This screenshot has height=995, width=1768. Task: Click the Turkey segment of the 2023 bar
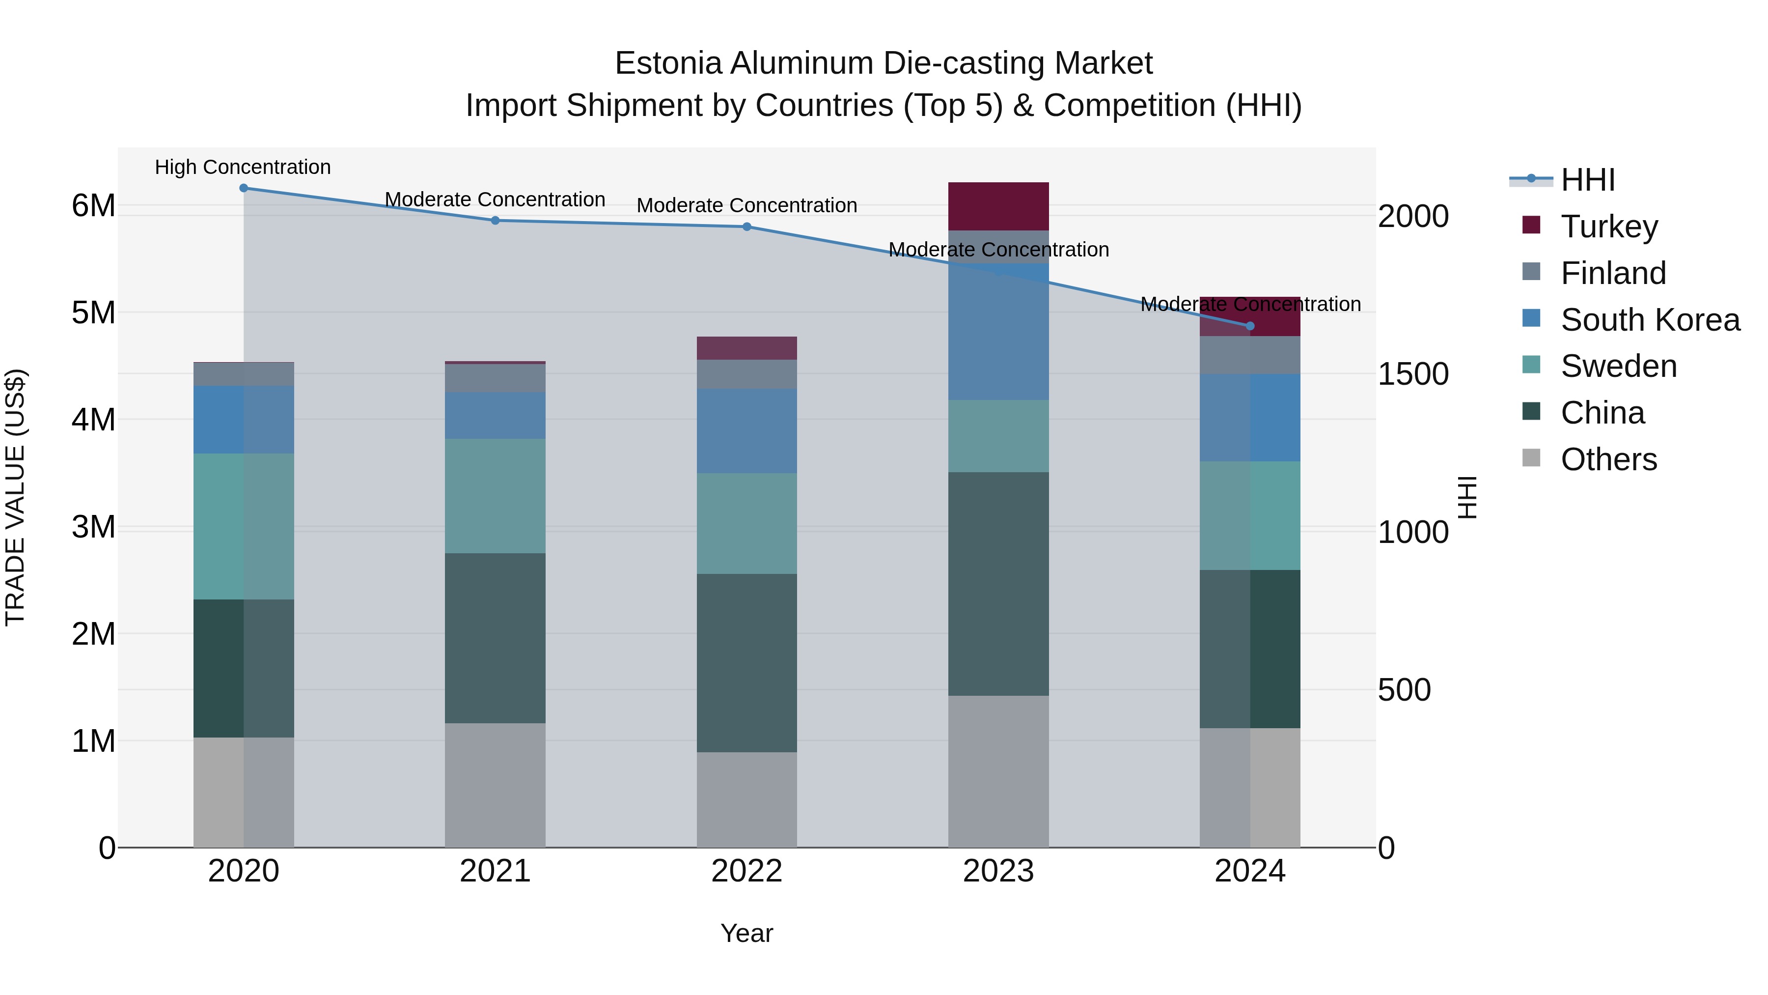[x=998, y=206]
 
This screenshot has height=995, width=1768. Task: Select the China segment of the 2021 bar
[x=495, y=637]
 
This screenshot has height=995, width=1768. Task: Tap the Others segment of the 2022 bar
[x=746, y=799]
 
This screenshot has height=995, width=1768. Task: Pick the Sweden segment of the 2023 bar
[x=998, y=435]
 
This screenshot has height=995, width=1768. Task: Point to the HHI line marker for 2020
[x=244, y=188]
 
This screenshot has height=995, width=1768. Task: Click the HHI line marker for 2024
[x=1250, y=326]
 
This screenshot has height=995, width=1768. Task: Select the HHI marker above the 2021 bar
[x=495, y=221]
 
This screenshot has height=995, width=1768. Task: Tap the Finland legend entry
[x=1613, y=273]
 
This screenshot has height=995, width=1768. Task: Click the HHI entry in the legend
[x=1587, y=180]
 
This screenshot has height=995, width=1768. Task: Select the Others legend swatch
[x=1531, y=458]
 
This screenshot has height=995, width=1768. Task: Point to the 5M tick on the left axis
[x=93, y=313]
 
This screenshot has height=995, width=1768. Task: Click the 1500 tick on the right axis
[x=1412, y=374]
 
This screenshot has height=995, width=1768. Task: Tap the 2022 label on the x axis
[x=746, y=871]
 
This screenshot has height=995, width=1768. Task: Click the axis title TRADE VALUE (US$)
[x=15, y=497]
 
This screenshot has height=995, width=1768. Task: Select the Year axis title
[x=746, y=933]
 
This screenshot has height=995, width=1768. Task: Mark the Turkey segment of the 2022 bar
[x=746, y=348]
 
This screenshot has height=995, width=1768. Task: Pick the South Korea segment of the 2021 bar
[x=495, y=415]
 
